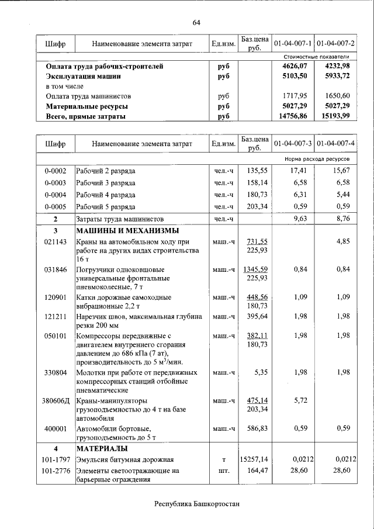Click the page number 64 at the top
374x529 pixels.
[x=196, y=22]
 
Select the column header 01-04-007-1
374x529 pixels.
[x=293, y=44]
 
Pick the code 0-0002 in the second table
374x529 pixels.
[x=56, y=171]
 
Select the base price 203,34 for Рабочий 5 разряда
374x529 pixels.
[x=257, y=206]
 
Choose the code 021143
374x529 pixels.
[x=56, y=241]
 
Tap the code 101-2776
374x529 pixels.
[x=56, y=471]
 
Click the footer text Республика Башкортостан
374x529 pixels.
[x=197, y=504]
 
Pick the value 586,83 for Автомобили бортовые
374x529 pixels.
[x=257, y=428]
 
